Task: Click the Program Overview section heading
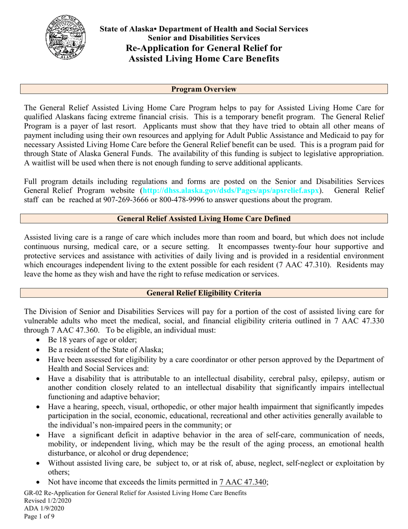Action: click(204, 89)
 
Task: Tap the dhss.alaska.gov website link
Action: click(230, 190)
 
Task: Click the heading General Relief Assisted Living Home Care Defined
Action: click(204, 218)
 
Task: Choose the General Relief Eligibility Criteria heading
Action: click(204, 293)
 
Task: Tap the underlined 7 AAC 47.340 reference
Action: click(243, 482)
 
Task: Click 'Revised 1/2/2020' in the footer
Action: click(48, 501)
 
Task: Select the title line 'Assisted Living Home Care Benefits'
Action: click(204, 58)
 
